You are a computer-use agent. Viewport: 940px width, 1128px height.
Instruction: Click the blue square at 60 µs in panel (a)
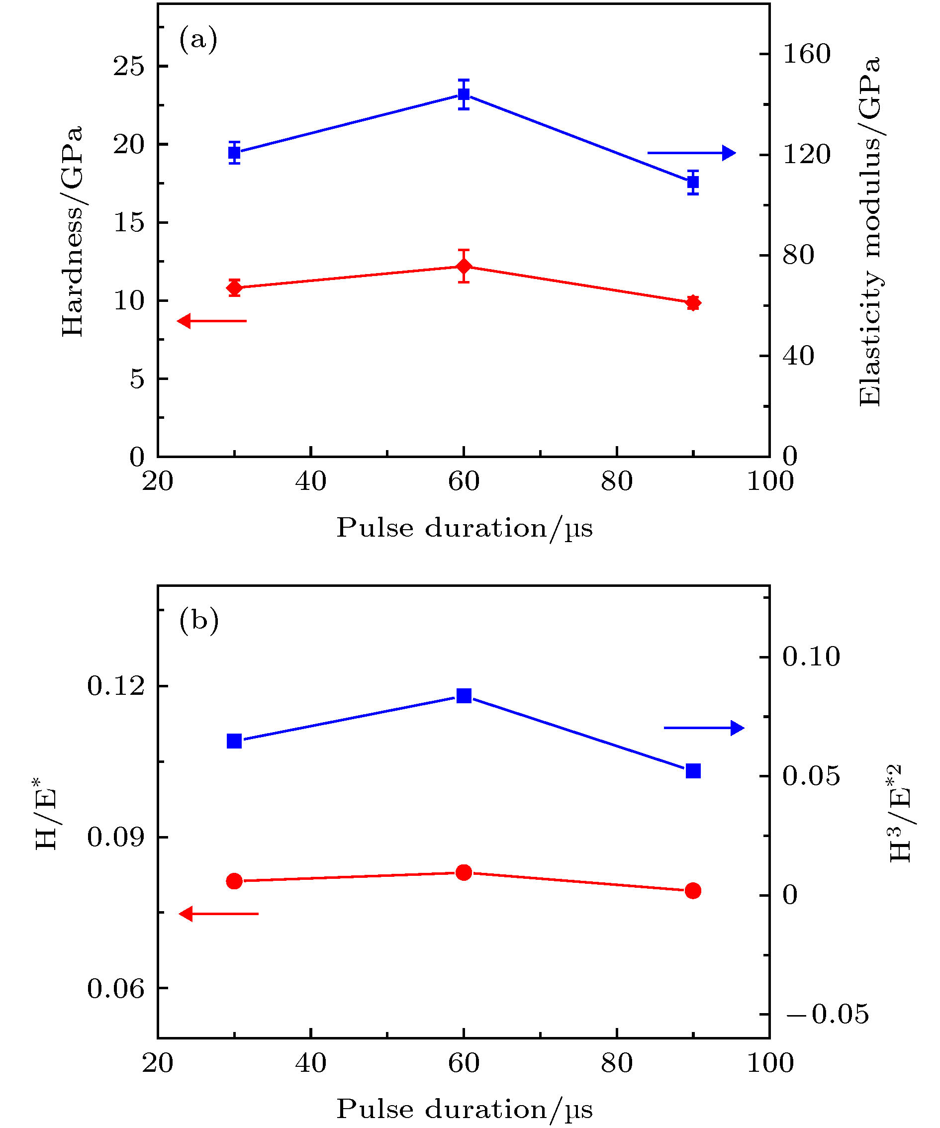pos(464,94)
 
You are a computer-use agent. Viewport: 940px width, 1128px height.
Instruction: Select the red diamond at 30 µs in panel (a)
pos(234,287)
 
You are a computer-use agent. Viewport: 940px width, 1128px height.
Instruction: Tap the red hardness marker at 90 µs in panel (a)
pos(693,303)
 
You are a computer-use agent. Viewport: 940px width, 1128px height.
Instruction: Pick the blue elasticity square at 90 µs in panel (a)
pos(693,182)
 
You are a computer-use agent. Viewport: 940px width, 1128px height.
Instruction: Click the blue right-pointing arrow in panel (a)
pos(691,153)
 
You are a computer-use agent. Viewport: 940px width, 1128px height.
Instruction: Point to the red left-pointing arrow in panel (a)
pos(212,321)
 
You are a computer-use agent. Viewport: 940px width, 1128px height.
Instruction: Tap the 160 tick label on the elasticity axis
pos(806,54)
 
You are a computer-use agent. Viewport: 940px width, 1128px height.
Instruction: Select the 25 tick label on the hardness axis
pos(129,67)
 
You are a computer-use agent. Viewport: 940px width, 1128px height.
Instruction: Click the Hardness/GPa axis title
pos(73,231)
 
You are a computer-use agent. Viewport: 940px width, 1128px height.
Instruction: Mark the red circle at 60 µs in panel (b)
pos(464,872)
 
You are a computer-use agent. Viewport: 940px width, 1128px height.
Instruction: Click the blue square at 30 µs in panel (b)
pos(234,741)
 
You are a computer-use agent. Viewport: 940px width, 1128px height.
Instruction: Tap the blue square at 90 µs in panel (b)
pos(693,771)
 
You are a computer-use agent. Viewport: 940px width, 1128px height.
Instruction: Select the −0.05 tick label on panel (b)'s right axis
pos(827,1014)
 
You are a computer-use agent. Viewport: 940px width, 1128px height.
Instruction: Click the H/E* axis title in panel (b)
pos(47,811)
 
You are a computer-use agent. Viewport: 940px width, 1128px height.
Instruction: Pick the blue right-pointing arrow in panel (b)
pos(704,728)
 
